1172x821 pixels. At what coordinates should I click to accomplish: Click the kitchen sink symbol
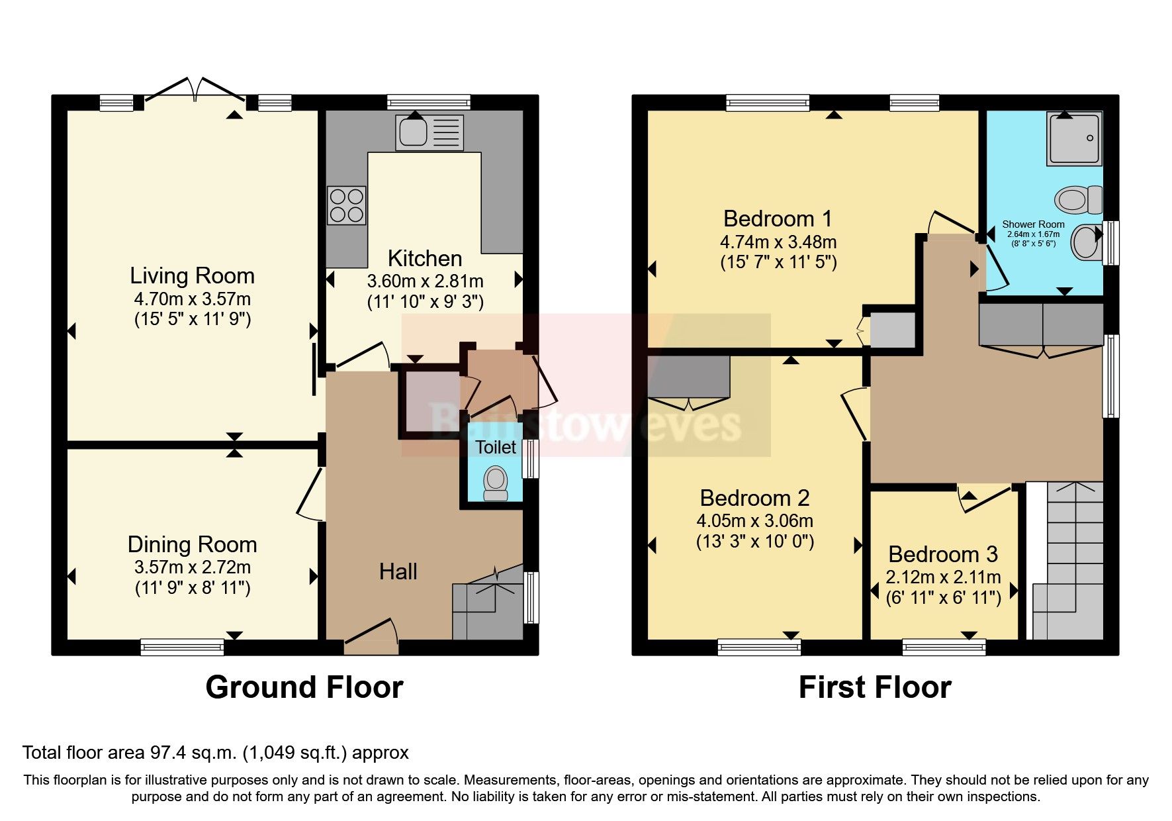coord(429,132)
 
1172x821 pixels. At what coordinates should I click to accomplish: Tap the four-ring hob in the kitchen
coord(346,205)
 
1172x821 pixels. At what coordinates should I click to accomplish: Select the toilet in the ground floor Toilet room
coord(495,483)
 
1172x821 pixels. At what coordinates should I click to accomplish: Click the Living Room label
coord(192,275)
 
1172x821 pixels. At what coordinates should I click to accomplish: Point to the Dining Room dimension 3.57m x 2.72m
coord(192,567)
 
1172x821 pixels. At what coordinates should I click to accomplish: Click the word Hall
coord(398,571)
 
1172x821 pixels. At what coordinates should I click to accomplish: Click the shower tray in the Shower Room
coord(1074,138)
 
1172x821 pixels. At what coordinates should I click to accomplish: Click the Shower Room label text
coord(1033,224)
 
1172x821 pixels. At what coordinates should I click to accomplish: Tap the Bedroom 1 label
coord(778,218)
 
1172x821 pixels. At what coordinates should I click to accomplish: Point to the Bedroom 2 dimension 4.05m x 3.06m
coord(754,521)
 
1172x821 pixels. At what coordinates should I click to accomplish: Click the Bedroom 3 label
coord(943,554)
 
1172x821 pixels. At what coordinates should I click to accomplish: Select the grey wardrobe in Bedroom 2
coord(688,376)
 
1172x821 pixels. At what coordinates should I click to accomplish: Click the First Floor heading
coord(874,687)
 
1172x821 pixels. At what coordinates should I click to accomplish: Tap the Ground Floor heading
coord(304,687)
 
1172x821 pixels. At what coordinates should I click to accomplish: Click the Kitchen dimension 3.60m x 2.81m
coord(425,281)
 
